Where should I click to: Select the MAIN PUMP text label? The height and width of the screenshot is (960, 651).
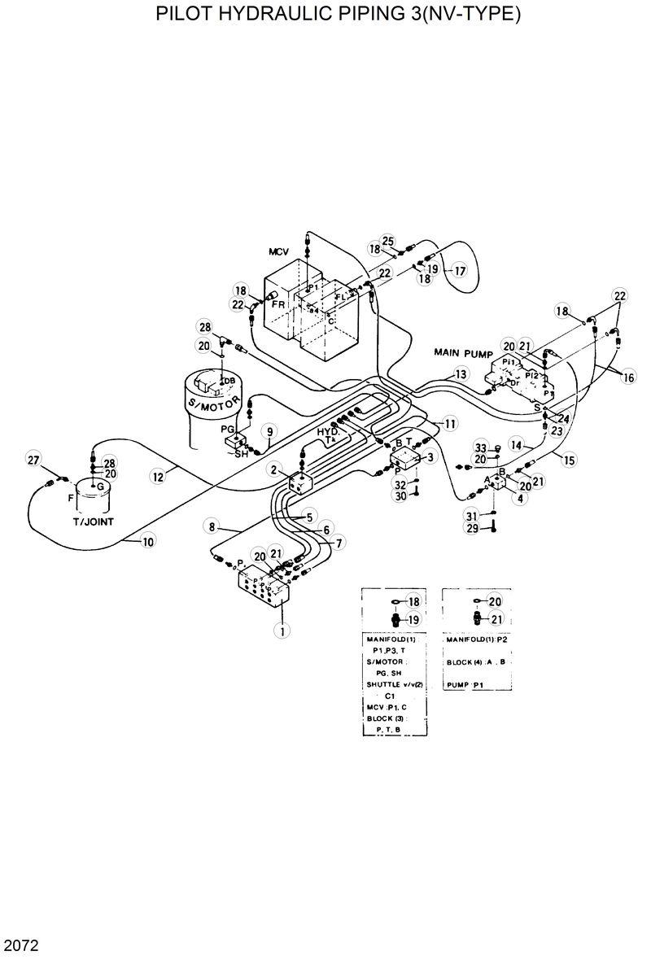[x=465, y=351]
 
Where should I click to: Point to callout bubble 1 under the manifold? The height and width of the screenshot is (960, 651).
[x=282, y=630]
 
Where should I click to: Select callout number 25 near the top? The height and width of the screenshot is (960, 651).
[x=387, y=240]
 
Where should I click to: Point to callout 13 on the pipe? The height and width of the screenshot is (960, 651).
[x=461, y=374]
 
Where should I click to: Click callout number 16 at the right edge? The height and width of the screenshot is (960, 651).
[x=627, y=377]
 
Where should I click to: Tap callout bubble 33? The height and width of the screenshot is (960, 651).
[x=480, y=448]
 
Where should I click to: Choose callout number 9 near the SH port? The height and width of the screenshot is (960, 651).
[x=269, y=430]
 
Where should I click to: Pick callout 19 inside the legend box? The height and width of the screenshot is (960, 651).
[x=413, y=619]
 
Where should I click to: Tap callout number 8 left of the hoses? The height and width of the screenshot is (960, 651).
[x=212, y=527]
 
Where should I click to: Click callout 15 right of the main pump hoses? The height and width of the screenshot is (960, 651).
[x=568, y=460]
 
